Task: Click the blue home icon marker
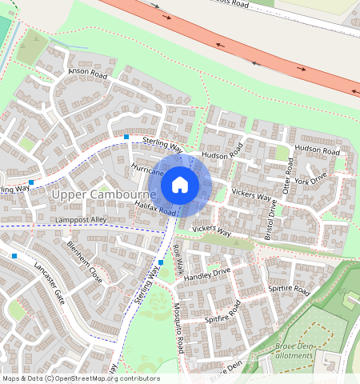(180, 186)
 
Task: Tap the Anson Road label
(87, 72)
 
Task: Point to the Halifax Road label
(155, 208)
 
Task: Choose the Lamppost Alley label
(81, 219)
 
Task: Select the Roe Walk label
(178, 262)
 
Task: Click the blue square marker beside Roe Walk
(161, 262)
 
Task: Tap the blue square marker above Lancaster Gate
(14, 256)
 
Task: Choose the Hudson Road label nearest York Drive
(317, 150)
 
